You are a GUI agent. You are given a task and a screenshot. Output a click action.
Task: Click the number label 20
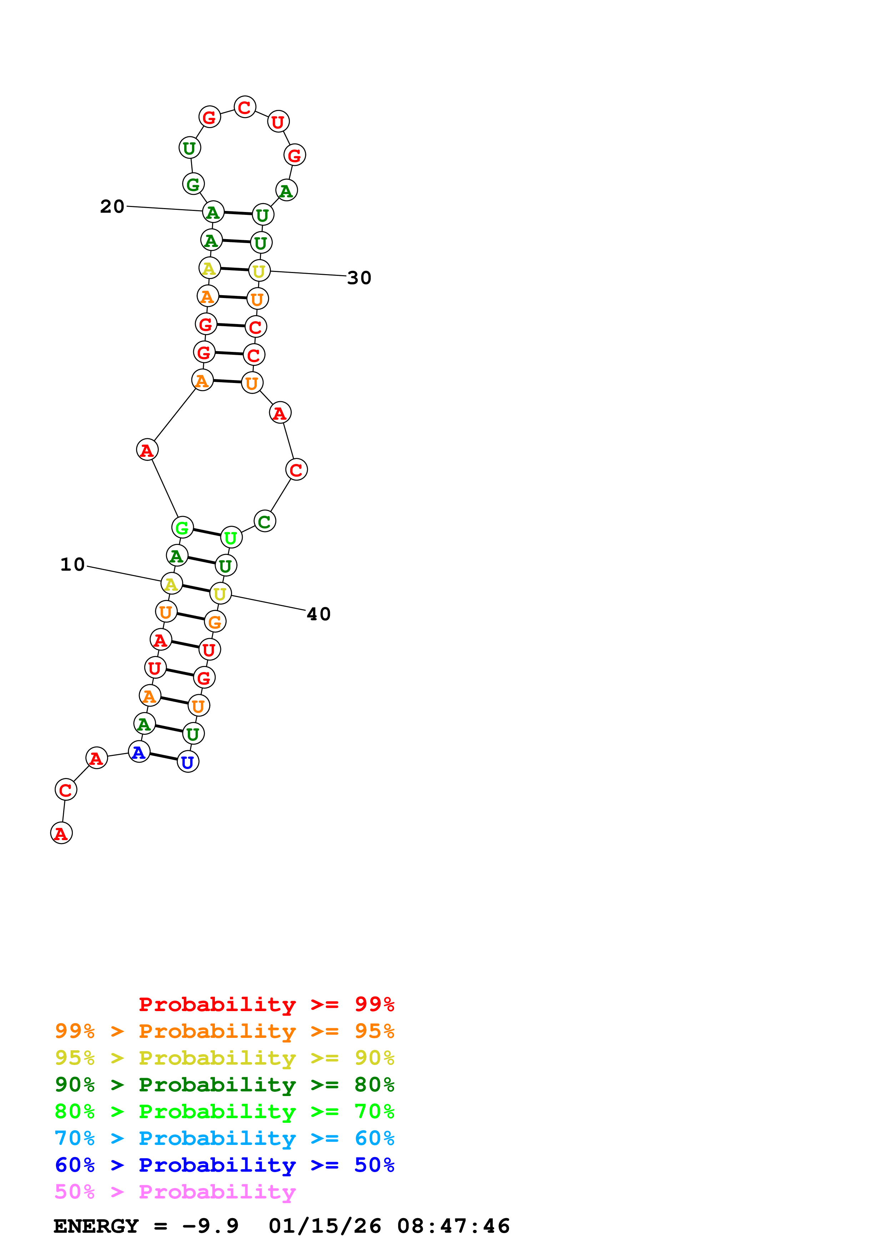(x=112, y=207)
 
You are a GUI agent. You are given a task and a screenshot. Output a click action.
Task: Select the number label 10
(x=72, y=564)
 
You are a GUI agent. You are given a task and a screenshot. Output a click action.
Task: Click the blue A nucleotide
(x=139, y=752)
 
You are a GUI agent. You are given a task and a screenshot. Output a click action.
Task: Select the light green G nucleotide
(x=182, y=527)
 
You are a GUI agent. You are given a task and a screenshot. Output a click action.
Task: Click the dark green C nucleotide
(x=265, y=521)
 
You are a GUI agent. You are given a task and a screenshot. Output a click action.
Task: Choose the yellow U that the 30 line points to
(x=259, y=271)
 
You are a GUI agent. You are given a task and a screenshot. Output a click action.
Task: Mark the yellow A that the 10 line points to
(x=171, y=584)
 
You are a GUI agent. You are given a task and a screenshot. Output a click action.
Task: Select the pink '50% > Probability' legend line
(x=175, y=1192)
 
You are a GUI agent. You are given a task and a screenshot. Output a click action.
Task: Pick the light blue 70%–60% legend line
(x=224, y=1139)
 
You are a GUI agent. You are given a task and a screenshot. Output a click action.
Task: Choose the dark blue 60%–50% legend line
(x=224, y=1165)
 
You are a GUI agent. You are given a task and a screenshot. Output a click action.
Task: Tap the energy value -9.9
(x=211, y=1226)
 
